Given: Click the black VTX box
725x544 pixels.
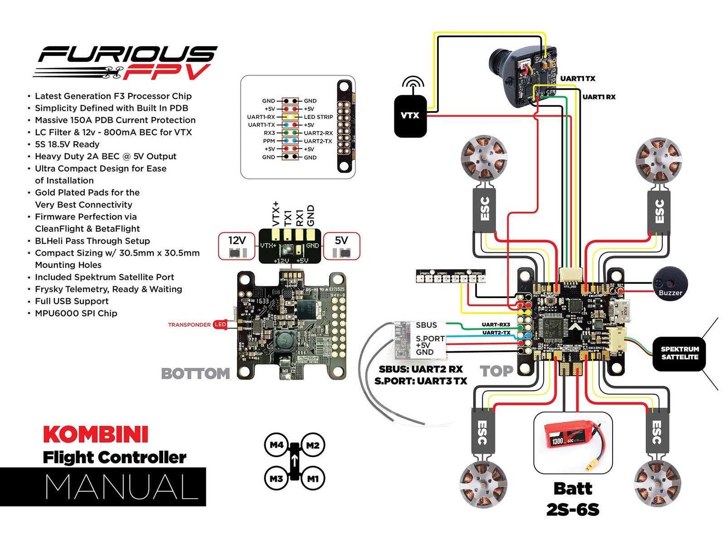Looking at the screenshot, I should coord(410,116).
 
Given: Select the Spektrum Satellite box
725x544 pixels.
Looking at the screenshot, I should coord(679,353).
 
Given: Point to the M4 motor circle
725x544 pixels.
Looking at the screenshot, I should coord(277,445).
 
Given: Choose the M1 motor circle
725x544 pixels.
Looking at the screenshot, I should coord(313,478).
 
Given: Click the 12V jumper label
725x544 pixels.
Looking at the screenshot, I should coord(237,240).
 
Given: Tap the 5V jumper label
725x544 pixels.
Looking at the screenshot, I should coord(341,240).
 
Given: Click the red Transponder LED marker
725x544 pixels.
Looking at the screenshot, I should coord(220,324).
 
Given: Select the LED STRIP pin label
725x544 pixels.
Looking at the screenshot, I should coord(318,117).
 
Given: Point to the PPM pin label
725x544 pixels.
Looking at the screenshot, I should coord(269,141).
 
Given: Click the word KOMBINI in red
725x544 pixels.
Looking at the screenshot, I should coord(96,434).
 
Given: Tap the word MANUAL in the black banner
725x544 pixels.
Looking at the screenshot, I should coord(122,487).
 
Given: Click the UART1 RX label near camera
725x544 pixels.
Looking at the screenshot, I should coord(598,97).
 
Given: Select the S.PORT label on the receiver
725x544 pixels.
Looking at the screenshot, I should coord(430,338).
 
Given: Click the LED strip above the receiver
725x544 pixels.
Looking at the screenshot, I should coord(450,276).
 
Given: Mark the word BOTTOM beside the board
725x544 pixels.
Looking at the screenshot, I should coord(195,373).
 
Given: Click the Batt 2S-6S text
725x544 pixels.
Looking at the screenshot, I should coord(573,499).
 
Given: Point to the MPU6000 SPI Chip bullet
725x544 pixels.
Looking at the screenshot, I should coord(76,314).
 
